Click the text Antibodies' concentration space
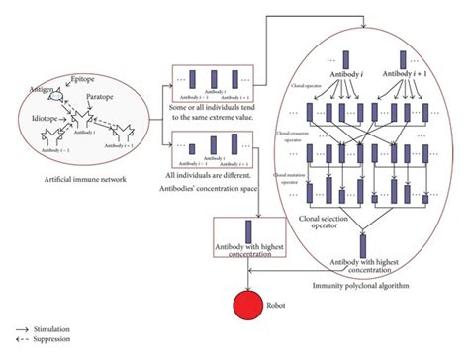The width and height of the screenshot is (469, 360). coord(221,188)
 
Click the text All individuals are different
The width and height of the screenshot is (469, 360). coord(217,175)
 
